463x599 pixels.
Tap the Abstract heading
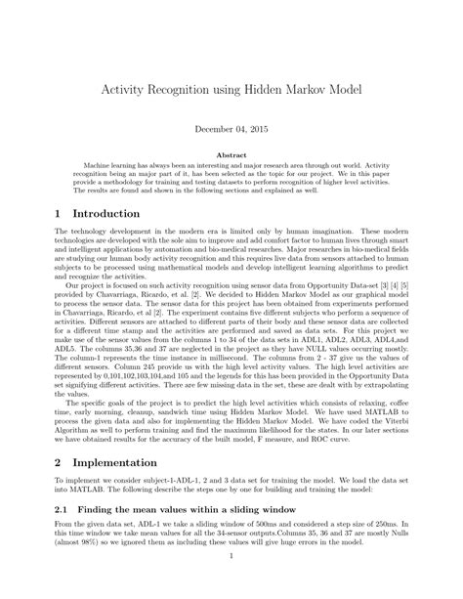tap(231, 154)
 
